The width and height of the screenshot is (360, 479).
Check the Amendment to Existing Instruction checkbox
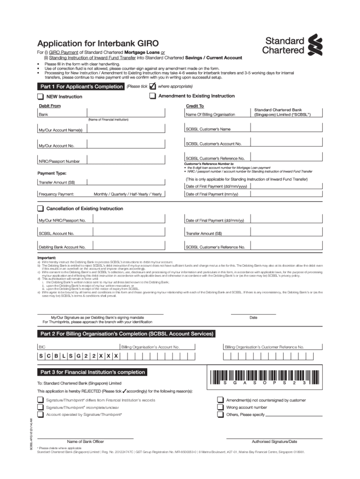(152, 96)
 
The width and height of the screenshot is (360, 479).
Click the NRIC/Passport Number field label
(59, 161)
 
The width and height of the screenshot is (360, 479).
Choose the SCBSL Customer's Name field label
(208, 129)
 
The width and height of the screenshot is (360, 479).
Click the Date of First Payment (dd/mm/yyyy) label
(216, 186)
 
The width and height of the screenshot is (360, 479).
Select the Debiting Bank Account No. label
(62, 247)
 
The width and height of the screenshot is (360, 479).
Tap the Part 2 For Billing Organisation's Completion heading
(127, 334)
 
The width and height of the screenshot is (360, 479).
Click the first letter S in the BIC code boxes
(41, 356)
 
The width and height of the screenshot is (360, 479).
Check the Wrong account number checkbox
(220, 407)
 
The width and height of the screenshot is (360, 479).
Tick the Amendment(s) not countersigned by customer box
(220, 400)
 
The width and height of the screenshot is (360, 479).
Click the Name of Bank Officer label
(86, 442)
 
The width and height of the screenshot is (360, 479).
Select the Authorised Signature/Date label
(274, 442)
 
